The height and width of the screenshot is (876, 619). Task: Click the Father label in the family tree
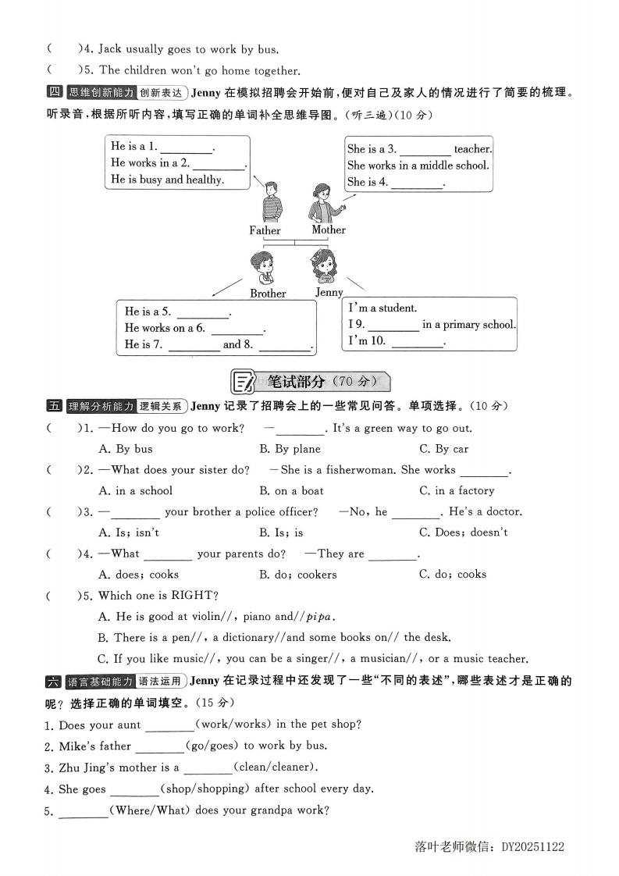coord(265,230)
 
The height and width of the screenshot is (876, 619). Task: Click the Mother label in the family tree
coord(329,230)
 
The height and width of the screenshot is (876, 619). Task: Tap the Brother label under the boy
coord(268,294)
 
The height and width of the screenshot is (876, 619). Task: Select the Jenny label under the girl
coord(329,292)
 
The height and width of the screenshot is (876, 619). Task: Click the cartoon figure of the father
coord(271,202)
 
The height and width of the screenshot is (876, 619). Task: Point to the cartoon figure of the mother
coord(322,203)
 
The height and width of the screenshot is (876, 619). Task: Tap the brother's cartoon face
coord(263,265)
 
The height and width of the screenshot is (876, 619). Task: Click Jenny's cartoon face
coord(323,265)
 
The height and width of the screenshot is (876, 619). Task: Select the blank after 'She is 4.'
coord(415,183)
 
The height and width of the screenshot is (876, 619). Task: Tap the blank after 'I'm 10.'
coord(415,341)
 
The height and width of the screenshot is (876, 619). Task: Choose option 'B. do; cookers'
coord(297,575)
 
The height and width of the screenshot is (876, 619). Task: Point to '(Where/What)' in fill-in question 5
coord(151,810)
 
